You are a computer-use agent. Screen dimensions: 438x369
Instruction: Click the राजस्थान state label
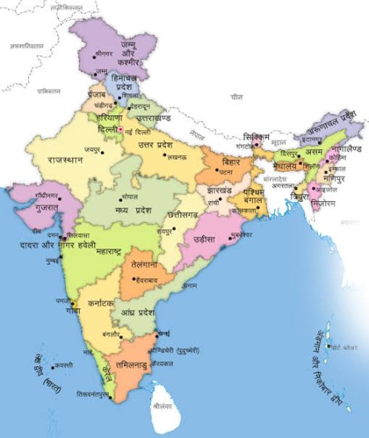coord(65,160)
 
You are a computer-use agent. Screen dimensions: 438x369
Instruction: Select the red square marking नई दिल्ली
coord(120,130)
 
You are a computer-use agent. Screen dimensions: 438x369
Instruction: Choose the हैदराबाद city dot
coord(134,279)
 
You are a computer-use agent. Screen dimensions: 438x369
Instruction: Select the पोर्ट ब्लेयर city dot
coord(328,346)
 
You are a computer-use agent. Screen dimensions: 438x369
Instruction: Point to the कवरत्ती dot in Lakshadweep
coord(53,367)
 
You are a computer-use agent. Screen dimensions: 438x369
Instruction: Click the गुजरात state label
coord(47,208)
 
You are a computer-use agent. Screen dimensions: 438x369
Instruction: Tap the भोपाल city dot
coord(122,200)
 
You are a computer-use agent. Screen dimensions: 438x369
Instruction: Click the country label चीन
coord(237,98)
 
